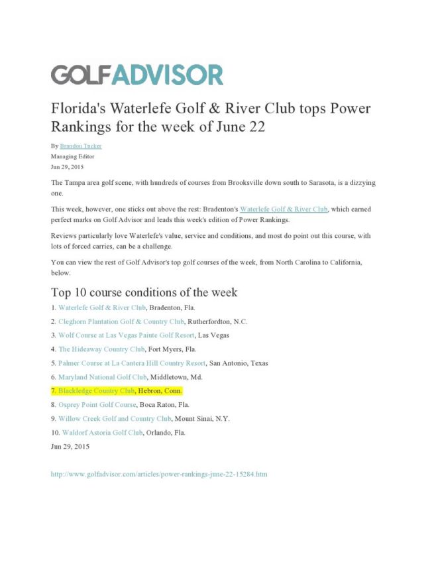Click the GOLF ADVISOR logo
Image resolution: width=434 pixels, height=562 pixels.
pyautogui.click(x=137, y=74)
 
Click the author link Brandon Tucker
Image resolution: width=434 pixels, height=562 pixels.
pyautogui.click(x=80, y=146)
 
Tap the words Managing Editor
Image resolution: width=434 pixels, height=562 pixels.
pyautogui.click(x=72, y=156)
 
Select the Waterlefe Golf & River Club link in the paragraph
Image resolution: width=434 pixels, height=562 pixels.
pyautogui.click(x=283, y=209)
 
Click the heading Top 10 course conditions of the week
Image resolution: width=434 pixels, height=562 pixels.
pyautogui.click(x=144, y=292)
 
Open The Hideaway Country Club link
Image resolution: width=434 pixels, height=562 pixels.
pyautogui.click(x=101, y=349)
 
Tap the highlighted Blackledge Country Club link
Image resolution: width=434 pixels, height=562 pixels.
pyautogui.click(x=96, y=391)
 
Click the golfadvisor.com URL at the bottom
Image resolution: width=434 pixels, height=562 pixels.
pyautogui.click(x=159, y=475)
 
